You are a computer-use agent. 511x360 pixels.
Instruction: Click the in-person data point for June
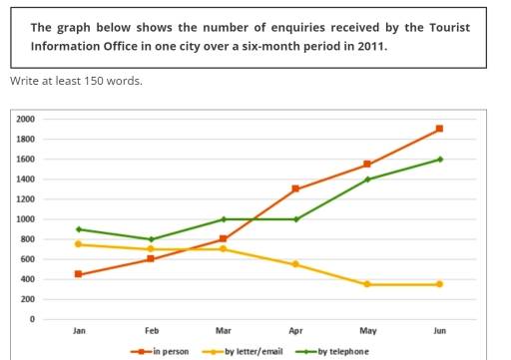click(439, 129)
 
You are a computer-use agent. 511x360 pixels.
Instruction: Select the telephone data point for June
click(439, 159)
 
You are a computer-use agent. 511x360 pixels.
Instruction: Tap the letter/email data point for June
click(439, 284)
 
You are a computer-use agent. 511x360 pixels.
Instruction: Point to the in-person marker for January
click(79, 274)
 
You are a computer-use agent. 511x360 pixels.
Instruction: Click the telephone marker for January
click(79, 229)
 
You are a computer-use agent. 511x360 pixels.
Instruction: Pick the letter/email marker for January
click(79, 244)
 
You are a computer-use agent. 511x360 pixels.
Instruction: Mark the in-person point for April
click(295, 188)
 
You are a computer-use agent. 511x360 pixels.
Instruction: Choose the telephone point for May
click(367, 179)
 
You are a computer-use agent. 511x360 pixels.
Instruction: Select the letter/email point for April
click(295, 264)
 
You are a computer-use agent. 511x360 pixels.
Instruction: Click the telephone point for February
click(151, 239)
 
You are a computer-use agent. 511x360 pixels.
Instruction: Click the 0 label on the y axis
click(32, 319)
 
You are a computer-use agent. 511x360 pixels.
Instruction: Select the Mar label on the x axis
click(224, 330)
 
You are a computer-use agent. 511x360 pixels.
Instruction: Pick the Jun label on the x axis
click(439, 330)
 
